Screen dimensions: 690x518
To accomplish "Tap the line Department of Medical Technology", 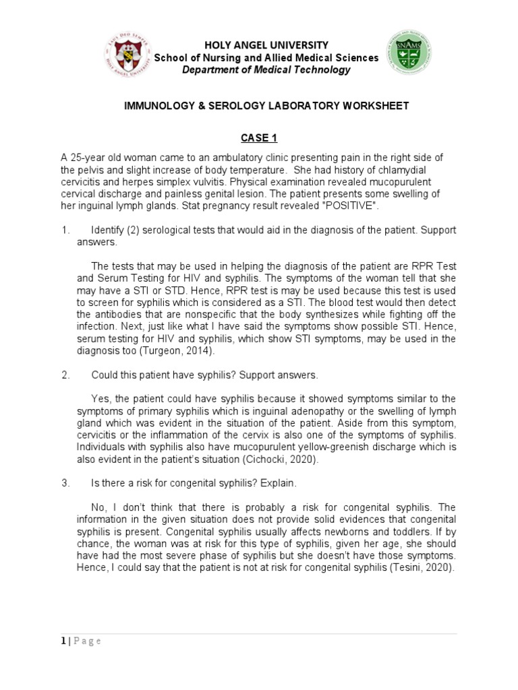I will click(x=266, y=70).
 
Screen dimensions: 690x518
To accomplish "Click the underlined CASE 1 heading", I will click(x=259, y=139).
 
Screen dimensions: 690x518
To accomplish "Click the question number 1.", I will click(x=65, y=230).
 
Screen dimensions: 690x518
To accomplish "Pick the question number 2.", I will click(x=65, y=375).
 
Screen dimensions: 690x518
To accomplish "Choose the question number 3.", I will click(x=65, y=483).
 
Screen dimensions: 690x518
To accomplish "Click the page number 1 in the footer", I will click(x=63, y=641).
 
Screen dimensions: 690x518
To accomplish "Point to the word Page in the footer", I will click(x=87, y=641).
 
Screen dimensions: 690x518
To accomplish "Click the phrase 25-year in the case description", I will click(x=91, y=158).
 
